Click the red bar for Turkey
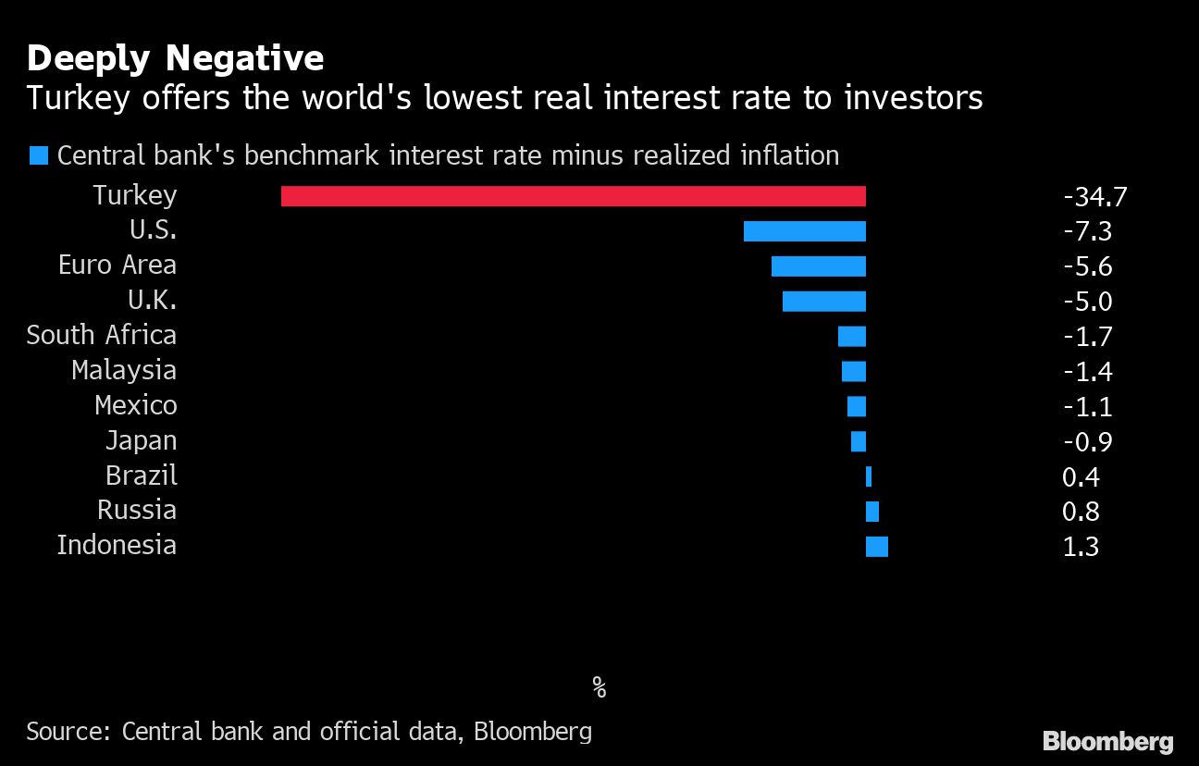pyautogui.click(x=574, y=196)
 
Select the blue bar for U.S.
pyautogui.click(x=805, y=231)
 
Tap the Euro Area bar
pyautogui.click(x=819, y=266)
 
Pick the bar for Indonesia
pyautogui.click(x=876, y=547)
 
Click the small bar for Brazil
pyautogui.click(x=869, y=476)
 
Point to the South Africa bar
pyautogui.click(x=852, y=336)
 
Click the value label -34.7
pyautogui.click(x=1094, y=196)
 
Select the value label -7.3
pyautogui.click(x=1088, y=231)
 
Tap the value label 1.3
pyautogui.click(x=1081, y=547)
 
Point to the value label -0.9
pyautogui.click(x=1088, y=441)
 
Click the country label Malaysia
pyautogui.click(x=124, y=371)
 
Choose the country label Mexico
pyautogui.click(x=136, y=406)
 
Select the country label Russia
pyautogui.click(x=137, y=511)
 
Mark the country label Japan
pyautogui.click(x=141, y=441)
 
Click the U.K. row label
pyautogui.click(x=152, y=301)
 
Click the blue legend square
pyautogui.click(x=38, y=154)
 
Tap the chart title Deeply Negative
pyautogui.click(x=175, y=58)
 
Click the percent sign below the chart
pyautogui.click(x=599, y=687)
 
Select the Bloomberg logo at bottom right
pyautogui.click(x=1107, y=741)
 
